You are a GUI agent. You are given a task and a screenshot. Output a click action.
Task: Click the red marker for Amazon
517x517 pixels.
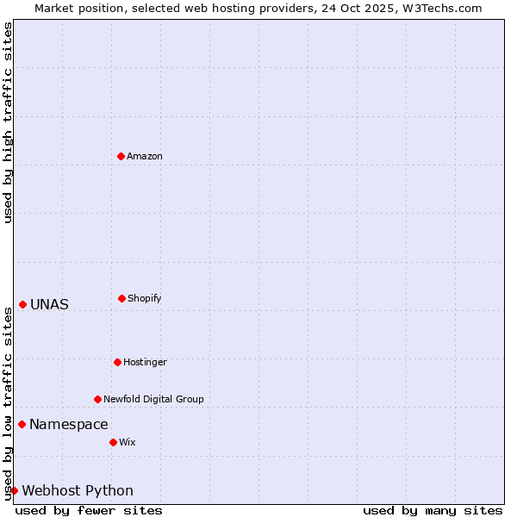point(121,156)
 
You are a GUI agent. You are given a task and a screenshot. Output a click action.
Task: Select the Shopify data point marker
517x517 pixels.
point(121,298)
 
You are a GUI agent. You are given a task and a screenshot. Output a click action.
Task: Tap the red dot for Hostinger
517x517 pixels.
point(117,362)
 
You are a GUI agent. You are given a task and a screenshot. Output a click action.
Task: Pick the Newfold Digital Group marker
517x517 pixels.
point(97,399)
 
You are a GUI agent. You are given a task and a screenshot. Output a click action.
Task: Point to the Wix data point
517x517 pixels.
point(113,442)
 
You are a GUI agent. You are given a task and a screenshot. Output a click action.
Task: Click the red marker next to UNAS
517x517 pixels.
point(22,304)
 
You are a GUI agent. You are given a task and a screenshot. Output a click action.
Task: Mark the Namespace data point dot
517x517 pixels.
point(22,424)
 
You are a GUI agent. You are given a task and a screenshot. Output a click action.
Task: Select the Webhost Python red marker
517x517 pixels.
point(14,490)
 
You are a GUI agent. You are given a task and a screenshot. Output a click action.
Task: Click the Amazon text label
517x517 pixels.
point(145,156)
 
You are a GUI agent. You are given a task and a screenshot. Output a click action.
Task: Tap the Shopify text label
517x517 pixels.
point(145,298)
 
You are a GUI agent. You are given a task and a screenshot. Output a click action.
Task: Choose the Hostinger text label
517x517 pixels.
point(145,362)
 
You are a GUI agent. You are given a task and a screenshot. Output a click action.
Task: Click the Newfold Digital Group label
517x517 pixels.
point(154,399)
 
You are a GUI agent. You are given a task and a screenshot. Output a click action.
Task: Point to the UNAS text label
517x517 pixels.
point(49,304)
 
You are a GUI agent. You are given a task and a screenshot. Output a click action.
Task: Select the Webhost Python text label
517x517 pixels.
point(78,491)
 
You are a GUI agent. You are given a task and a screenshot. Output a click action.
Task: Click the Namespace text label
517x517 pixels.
point(69,424)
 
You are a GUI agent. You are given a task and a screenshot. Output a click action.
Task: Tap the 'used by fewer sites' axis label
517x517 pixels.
point(89,510)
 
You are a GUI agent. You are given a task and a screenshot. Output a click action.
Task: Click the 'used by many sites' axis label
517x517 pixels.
point(433,510)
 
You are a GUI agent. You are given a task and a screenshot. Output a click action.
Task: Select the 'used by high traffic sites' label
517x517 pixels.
point(8,122)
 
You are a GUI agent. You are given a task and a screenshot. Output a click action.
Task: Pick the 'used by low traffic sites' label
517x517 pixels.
point(8,403)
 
